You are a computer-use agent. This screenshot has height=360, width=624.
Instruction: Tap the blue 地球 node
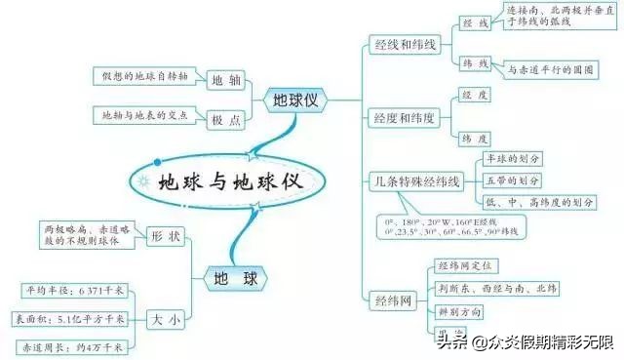coord(238,278)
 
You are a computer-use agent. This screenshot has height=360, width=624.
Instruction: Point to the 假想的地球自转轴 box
coord(145,75)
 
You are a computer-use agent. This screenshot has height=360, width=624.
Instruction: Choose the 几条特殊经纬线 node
coord(416,181)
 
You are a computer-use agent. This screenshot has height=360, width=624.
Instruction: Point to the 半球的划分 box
coord(513,159)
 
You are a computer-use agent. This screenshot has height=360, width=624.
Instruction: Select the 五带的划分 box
coord(513,180)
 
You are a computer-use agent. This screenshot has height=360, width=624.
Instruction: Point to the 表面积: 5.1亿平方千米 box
coord(72,318)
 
